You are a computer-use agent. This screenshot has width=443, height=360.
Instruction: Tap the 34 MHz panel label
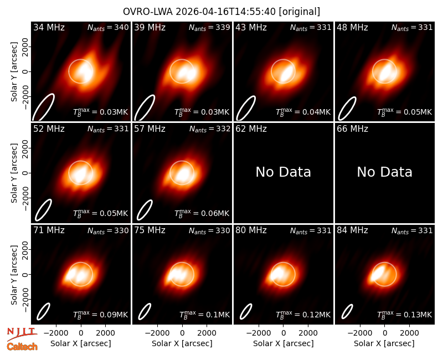(x=49, y=27)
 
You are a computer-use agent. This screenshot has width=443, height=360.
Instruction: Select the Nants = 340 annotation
(x=108, y=27)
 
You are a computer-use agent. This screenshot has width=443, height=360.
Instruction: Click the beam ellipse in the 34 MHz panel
(x=43, y=107)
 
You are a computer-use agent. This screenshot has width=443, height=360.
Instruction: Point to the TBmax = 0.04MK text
(x=303, y=112)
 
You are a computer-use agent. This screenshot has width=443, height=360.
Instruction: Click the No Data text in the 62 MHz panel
(x=284, y=172)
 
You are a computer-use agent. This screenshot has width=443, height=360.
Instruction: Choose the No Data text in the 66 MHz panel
(x=384, y=172)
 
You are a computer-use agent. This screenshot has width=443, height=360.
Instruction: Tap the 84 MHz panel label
(x=352, y=230)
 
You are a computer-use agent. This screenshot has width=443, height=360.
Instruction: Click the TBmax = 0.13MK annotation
(x=405, y=315)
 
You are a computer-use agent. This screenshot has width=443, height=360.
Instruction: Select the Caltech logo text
(x=22, y=347)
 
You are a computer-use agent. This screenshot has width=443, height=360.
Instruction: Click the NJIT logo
(x=22, y=333)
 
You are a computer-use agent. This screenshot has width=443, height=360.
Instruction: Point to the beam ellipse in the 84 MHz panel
(x=347, y=311)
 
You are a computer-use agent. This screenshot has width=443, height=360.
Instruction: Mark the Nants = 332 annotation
(x=210, y=129)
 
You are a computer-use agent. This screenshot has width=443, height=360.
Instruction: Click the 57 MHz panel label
(x=150, y=129)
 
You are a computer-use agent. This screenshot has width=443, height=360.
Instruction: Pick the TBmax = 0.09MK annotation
(x=101, y=315)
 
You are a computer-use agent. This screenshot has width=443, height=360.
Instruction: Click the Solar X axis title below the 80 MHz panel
(x=284, y=343)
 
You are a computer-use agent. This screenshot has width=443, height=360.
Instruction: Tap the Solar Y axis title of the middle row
(x=14, y=173)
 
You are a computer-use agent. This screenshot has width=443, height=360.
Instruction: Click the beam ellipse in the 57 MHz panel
(x=145, y=210)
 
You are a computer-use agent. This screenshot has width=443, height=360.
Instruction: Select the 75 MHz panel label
(x=150, y=230)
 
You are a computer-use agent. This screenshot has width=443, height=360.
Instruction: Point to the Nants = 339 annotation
(x=209, y=27)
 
